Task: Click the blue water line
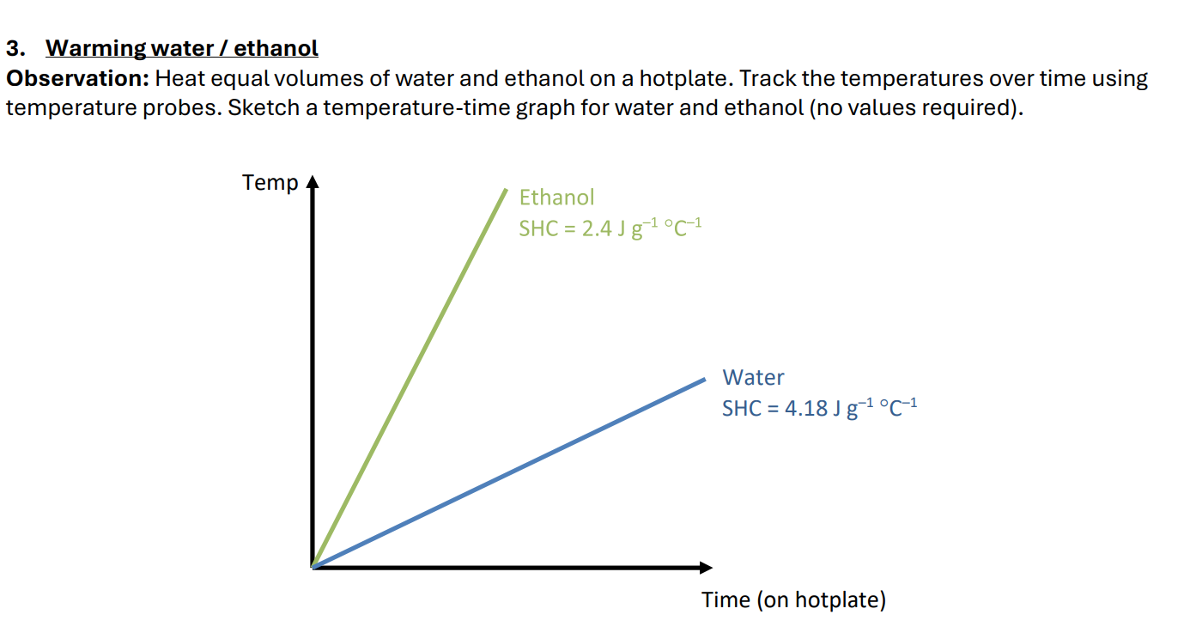click(x=508, y=472)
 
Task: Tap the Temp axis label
click(x=270, y=183)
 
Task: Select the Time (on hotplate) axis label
click(x=793, y=599)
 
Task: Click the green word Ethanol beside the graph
click(x=556, y=198)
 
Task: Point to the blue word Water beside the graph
click(x=753, y=378)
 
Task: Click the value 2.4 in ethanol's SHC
click(x=597, y=229)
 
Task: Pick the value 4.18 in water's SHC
click(x=804, y=409)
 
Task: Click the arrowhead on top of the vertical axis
click(x=313, y=183)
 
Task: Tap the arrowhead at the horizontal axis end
click(x=706, y=567)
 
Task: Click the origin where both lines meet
click(x=313, y=566)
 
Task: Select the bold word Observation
click(x=79, y=79)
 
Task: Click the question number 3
click(x=13, y=48)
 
